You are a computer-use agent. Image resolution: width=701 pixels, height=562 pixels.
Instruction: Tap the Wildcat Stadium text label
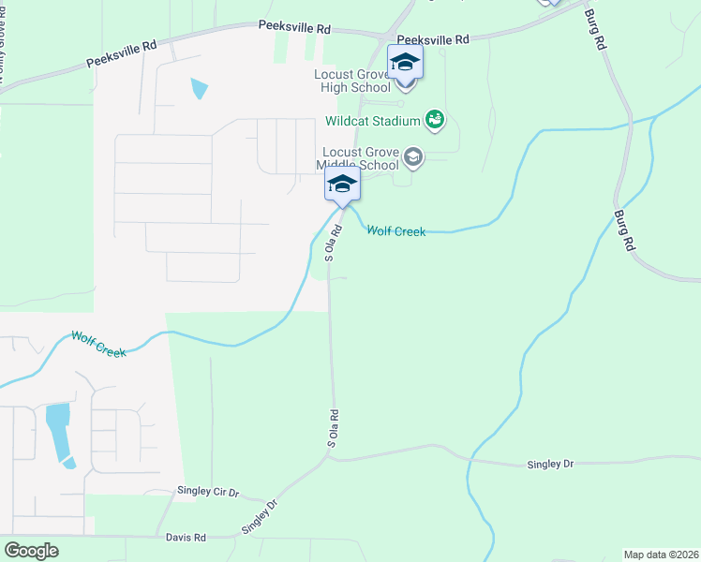coord(372,121)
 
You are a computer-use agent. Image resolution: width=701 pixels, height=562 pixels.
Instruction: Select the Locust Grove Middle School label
coord(360,157)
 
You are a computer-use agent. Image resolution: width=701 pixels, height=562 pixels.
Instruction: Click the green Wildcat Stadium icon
coord(434,119)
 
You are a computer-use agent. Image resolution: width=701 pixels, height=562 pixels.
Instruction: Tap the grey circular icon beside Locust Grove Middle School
coord(413,159)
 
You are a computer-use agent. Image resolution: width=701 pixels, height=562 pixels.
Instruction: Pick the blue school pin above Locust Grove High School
coord(405,63)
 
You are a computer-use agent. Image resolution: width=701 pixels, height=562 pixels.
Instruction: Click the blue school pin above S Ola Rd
coord(342,185)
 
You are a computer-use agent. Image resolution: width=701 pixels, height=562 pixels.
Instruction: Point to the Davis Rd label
coord(186,538)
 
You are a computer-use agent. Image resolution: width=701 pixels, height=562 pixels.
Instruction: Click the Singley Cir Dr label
coord(209,491)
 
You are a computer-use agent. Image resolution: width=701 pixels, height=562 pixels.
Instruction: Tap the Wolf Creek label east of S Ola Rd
coord(395,230)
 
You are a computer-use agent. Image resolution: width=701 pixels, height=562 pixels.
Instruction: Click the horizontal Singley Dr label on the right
coord(549,464)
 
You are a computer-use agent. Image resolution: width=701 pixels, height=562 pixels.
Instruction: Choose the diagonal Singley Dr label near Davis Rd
coord(261,516)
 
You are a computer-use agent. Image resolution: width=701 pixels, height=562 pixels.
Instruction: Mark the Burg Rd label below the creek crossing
coord(622,230)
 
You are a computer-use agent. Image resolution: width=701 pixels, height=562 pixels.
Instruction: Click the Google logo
coord(31,551)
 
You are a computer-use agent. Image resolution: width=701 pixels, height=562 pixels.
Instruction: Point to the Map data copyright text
coord(660,555)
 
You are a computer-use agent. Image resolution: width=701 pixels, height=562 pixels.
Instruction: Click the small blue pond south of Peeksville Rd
coord(199,89)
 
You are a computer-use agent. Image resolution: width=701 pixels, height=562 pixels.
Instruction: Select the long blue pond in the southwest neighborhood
coord(58,434)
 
